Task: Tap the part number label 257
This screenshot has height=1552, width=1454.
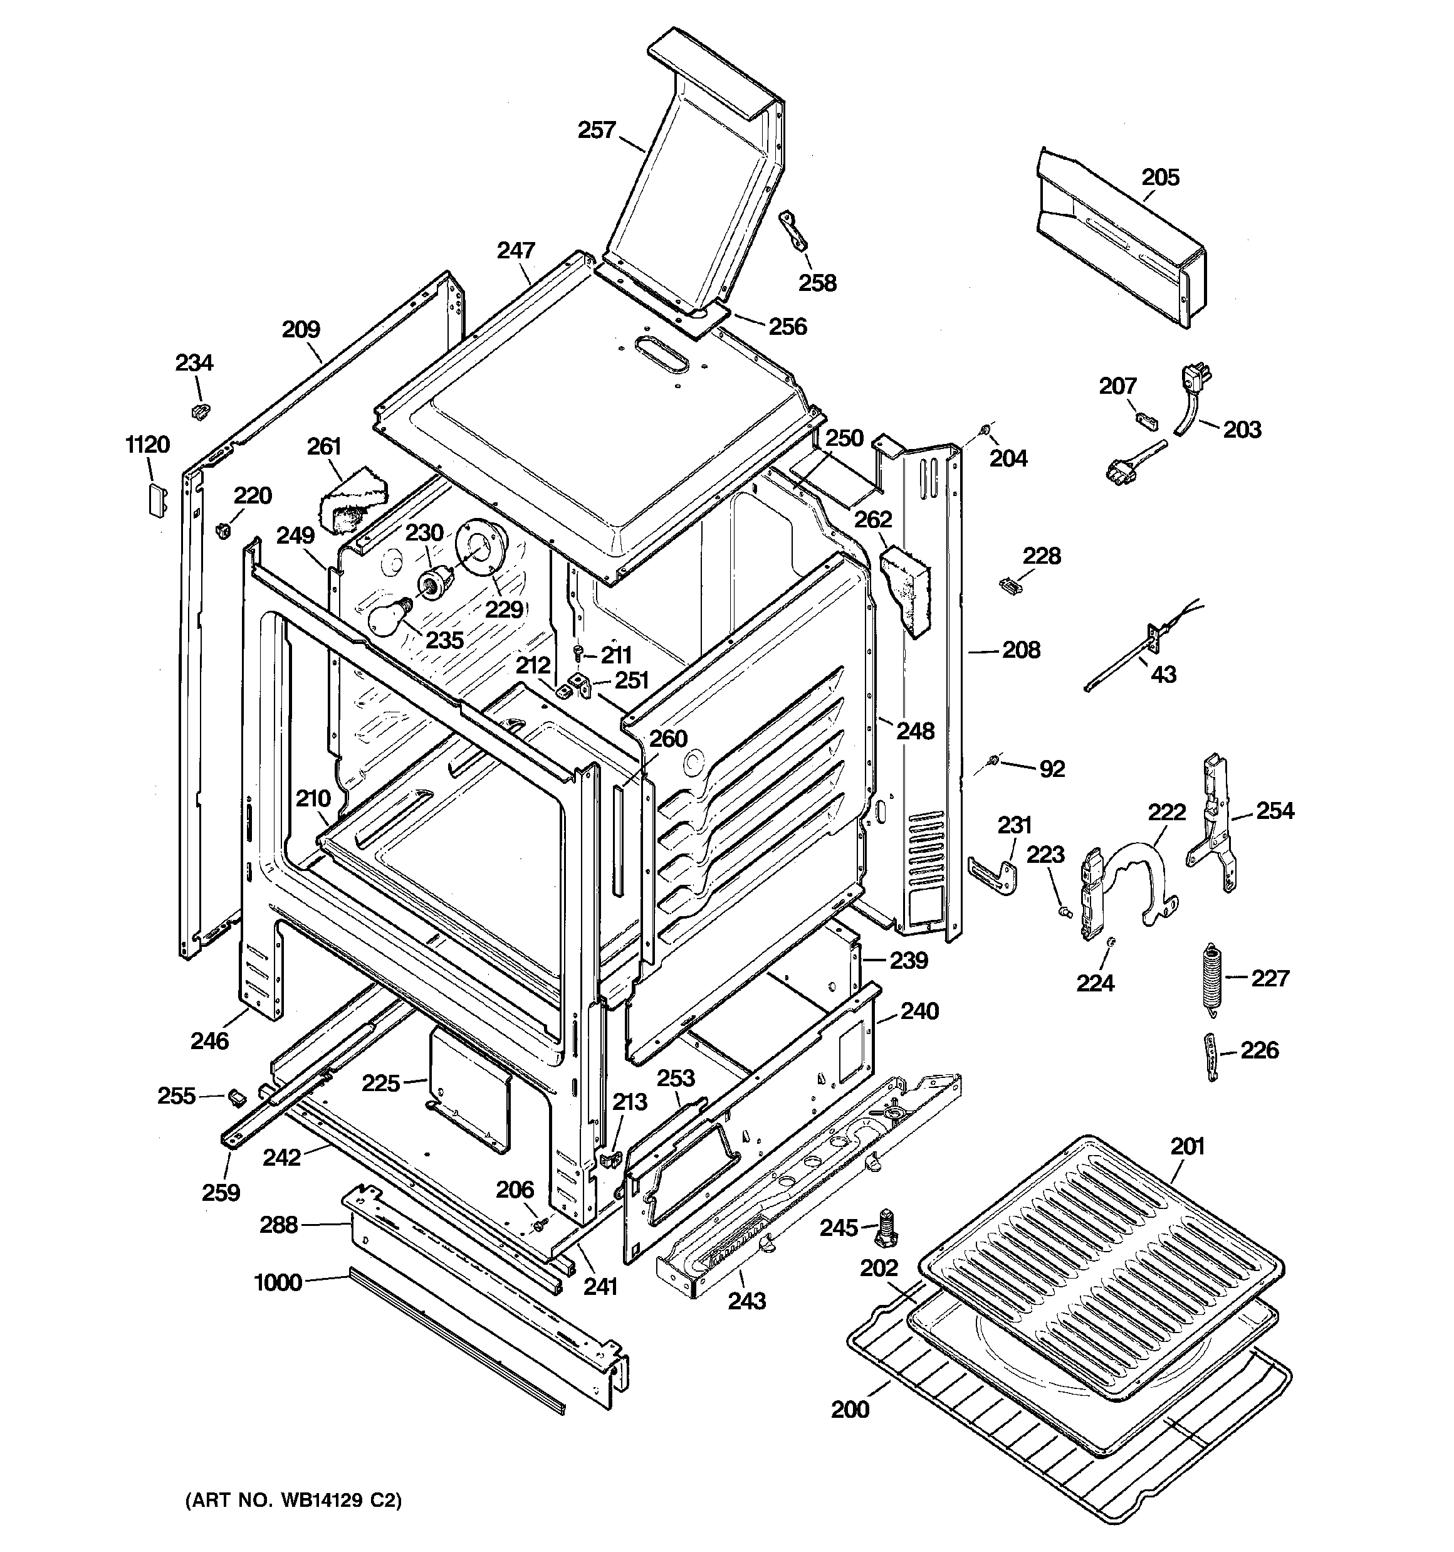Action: coord(596,130)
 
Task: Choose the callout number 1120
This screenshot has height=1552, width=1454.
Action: coord(147,445)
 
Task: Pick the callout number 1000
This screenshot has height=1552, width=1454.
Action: coord(278,1282)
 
